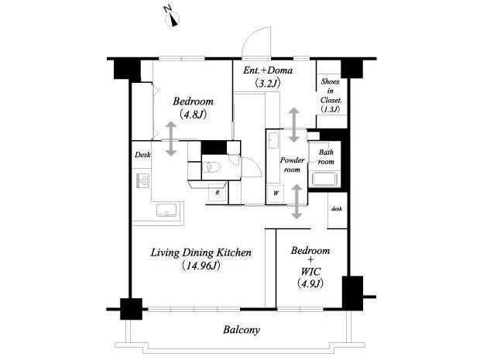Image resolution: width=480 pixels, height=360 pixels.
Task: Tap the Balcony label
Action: click(242, 330)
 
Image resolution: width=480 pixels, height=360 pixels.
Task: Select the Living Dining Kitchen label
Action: click(201, 253)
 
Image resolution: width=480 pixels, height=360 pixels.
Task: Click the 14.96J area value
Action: click(201, 266)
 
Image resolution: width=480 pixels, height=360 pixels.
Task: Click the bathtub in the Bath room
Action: click(324, 179)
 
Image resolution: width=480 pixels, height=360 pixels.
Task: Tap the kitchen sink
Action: click(166, 210)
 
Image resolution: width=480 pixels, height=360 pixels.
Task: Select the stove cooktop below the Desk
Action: click(142, 180)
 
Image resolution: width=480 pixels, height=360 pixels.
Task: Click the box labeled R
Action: click(218, 193)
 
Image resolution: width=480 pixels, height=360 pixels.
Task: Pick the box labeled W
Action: click(276, 194)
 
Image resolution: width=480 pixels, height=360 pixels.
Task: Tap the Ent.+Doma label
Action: click(268, 70)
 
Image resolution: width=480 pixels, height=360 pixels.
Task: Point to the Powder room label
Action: click(292, 165)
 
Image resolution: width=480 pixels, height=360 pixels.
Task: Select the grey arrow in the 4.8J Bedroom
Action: click(171, 139)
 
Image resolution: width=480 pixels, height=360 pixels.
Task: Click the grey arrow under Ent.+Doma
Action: click(294, 125)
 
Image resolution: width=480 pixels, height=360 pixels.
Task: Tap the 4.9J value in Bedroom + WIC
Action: click(310, 284)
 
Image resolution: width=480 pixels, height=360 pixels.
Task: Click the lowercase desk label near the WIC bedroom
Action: click(337, 209)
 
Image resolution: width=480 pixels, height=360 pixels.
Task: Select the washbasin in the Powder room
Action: click(273, 140)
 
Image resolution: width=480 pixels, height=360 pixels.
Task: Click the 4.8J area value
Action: click(194, 115)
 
